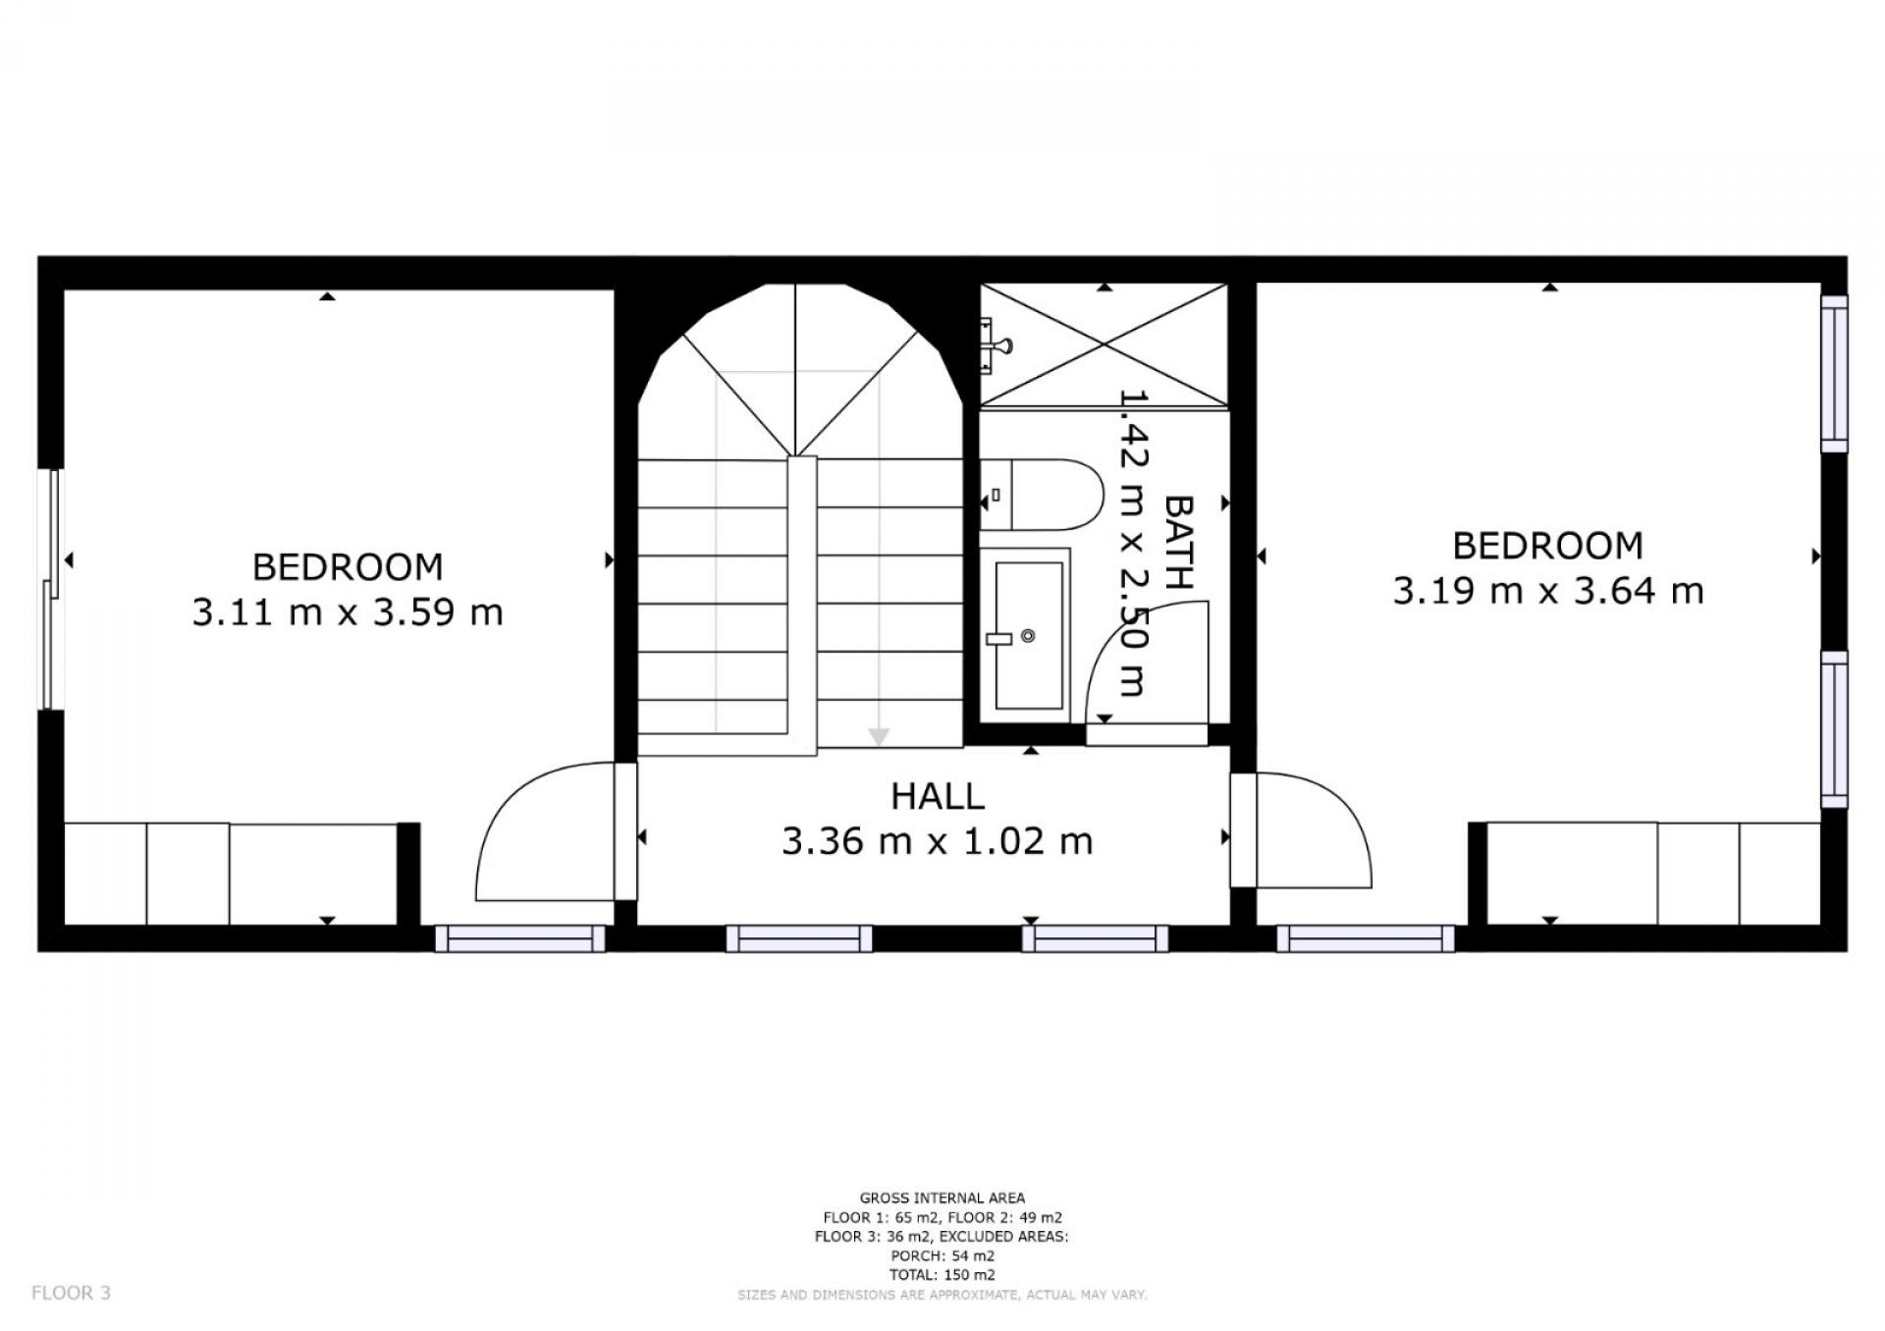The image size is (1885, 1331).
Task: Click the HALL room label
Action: coord(938,796)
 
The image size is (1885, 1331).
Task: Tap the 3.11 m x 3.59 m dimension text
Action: coord(348,612)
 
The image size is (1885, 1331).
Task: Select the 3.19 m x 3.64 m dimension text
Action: coord(1548,591)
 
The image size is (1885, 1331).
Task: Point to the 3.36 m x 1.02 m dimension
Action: coord(938,841)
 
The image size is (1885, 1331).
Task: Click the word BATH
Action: coord(1178,542)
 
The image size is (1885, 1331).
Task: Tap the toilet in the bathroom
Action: coord(1043,494)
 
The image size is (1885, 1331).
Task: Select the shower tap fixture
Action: coord(996,345)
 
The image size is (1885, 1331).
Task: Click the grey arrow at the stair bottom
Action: coord(879,736)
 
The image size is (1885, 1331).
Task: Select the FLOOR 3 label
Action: coord(71,1293)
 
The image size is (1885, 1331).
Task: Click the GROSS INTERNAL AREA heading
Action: coord(942,1198)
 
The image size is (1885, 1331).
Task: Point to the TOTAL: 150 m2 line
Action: coord(942,1275)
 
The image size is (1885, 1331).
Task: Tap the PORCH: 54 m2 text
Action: coord(942,1255)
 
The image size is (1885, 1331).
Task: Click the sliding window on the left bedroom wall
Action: coord(50,589)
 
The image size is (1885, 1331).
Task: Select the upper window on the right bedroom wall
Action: coord(1834,374)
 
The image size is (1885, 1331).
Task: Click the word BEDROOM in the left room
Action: coord(348,567)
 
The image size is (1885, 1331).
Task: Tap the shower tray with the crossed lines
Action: coord(1104,345)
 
